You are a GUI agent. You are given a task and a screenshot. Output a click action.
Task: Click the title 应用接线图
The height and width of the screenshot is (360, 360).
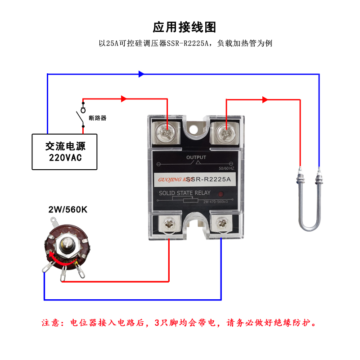[x=184, y=27]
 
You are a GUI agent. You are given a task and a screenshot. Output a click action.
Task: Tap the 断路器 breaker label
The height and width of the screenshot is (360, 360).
[x=98, y=118]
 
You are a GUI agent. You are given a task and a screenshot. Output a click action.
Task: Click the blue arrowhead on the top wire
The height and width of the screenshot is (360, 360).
[x=141, y=74]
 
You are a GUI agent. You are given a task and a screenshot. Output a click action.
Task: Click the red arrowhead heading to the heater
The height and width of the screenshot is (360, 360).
[x=265, y=99]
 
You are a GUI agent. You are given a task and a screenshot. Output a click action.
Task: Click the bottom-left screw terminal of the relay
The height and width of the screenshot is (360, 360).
[x=169, y=223]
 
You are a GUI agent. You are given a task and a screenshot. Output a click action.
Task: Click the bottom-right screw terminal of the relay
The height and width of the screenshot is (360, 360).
[x=221, y=223]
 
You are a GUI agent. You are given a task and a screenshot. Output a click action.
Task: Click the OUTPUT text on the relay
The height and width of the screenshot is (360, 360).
[x=196, y=157]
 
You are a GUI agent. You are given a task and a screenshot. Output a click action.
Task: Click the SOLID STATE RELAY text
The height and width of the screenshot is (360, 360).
[x=184, y=193]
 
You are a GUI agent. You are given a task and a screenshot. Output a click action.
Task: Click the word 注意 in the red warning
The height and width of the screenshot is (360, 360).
[x=51, y=323]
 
